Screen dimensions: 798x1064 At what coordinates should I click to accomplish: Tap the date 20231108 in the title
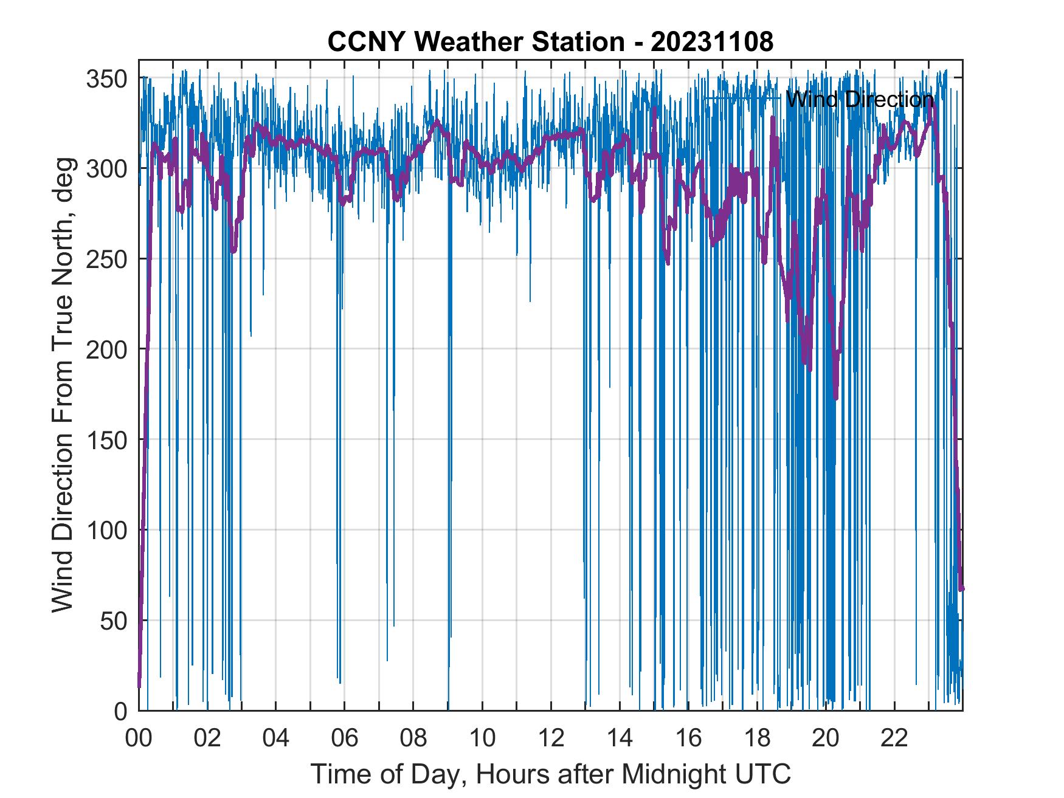click(x=711, y=42)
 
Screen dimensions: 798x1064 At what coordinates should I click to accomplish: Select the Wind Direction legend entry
click(x=858, y=99)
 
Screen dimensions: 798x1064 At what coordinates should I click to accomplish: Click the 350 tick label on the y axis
click(x=106, y=78)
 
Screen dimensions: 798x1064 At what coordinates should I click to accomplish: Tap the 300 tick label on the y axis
click(x=106, y=168)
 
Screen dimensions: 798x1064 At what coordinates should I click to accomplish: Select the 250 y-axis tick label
click(x=106, y=259)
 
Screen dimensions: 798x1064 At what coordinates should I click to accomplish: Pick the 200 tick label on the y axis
click(x=106, y=349)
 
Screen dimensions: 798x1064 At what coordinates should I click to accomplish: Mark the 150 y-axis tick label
click(x=106, y=439)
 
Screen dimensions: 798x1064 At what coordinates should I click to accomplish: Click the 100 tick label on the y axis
click(x=106, y=530)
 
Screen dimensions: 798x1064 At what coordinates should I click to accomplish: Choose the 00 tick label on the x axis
click(x=139, y=738)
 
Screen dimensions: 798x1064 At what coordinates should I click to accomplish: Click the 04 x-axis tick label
click(x=276, y=738)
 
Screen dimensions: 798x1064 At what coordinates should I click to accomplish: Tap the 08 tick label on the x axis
click(x=413, y=738)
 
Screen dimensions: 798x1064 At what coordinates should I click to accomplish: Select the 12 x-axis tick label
click(x=551, y=738)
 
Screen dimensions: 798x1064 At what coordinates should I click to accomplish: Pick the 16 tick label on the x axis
click(x=688, y=738)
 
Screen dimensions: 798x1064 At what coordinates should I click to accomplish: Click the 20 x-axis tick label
click(x=826, y=738)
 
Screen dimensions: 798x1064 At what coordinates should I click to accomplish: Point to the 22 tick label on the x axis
click(x=894, y=738)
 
